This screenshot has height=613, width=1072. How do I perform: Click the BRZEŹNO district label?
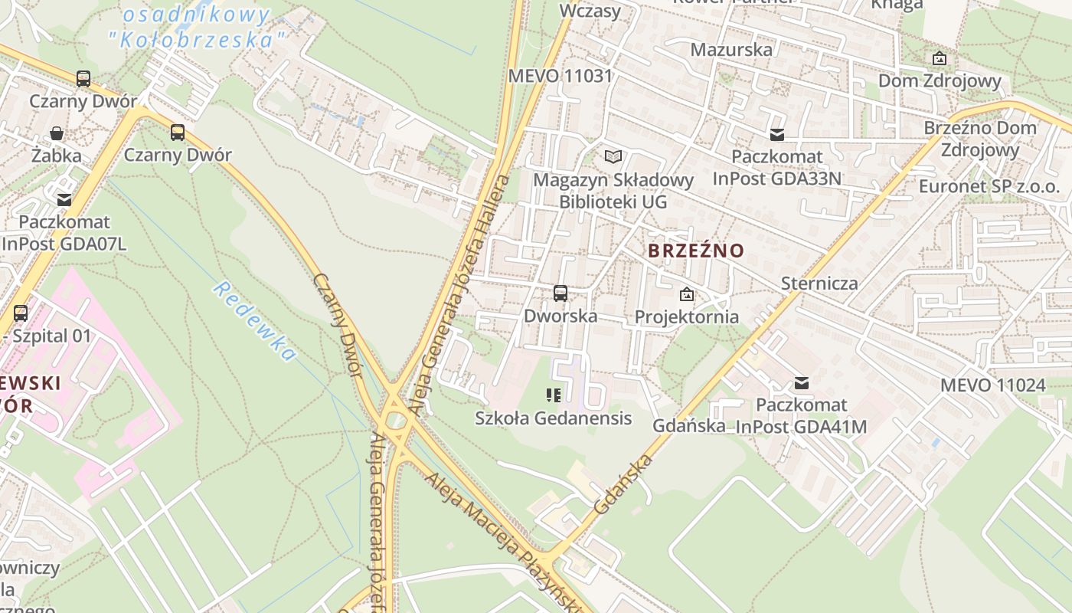(x=695, y=251)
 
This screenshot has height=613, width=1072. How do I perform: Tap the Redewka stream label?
(x=254, y=321)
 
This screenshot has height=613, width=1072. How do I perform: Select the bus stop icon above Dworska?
(x=561, y=293)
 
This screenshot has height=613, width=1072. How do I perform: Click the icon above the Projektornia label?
(x=687, y=294)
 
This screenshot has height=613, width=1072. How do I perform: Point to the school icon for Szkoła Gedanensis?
(x=554, y=395)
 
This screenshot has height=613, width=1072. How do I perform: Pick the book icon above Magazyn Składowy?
(x=613, y=157)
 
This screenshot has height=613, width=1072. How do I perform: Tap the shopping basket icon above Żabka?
(x=57, y=133)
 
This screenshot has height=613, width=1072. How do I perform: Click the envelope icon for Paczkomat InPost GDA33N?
(x=777, y=135)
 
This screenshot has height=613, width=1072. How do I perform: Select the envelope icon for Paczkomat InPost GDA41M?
(x=802, y=383)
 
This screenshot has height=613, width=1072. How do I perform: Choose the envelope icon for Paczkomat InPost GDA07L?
(x=64, y=200)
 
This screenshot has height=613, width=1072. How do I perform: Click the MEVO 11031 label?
(x=561, y=76)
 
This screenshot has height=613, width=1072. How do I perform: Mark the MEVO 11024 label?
(x=992, y=385)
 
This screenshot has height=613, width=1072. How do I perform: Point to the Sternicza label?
(x=819, y=284)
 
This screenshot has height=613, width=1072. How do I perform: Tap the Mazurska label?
(x=731, y=50)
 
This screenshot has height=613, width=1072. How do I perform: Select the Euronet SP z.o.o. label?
(x=989, y=186)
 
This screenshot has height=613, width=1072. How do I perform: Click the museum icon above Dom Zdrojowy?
(x=940, y=58)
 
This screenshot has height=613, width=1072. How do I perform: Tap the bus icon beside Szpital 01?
(x=21, y=313)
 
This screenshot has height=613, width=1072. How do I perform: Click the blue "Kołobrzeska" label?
(x=203, y=39)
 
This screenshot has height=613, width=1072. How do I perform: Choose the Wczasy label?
(x=590, y=11)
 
